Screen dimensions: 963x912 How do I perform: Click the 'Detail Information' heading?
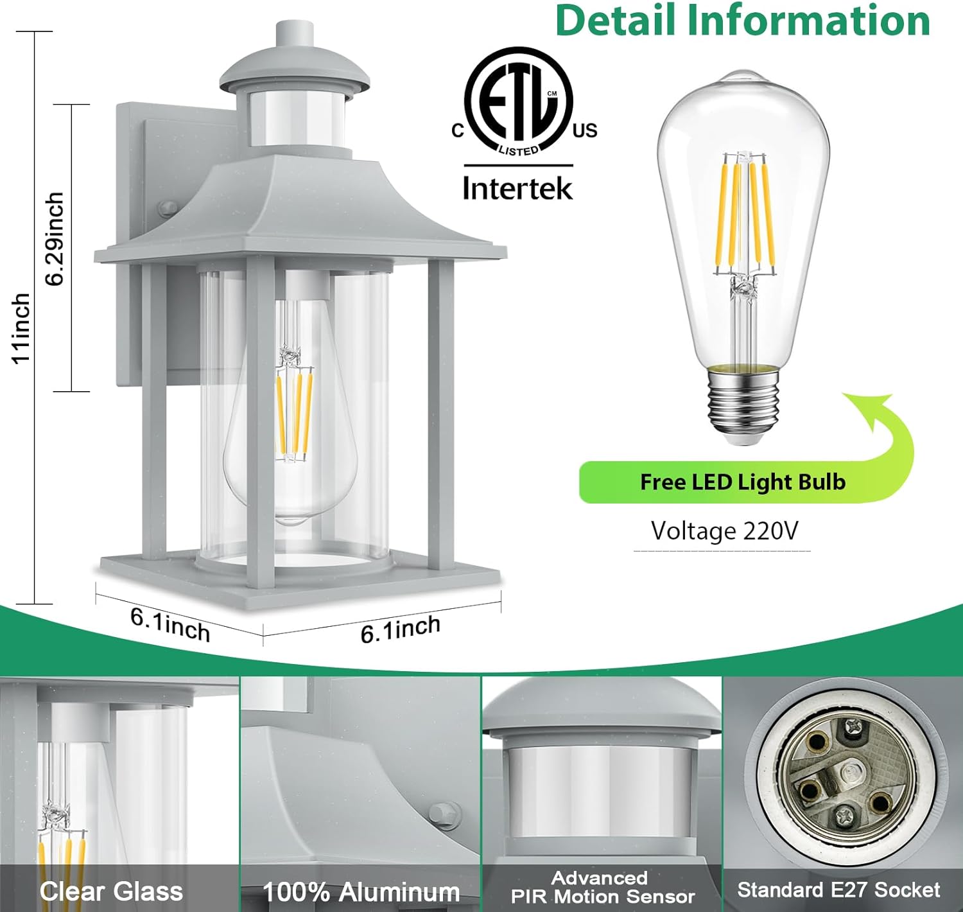point(743,21)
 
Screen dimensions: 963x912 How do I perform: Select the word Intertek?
point(517,188)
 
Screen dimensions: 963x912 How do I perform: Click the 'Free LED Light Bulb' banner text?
point(743,482)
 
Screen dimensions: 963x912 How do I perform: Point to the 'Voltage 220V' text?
point(724,531)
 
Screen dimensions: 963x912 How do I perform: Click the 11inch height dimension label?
point(21,328)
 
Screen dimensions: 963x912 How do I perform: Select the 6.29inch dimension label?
point(55,239)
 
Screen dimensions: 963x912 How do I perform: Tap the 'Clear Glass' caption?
point(111,890)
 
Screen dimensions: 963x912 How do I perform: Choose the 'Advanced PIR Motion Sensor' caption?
point(602,887)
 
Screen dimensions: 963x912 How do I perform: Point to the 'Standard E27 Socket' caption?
point(838,890)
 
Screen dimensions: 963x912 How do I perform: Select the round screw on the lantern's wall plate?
point(168,208)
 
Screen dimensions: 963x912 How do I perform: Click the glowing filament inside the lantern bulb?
point(295,414)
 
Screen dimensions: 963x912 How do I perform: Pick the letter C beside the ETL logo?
point(458,131)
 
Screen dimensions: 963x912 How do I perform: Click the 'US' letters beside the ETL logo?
point(585,130)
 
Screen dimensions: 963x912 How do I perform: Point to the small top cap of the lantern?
point(295,34)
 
